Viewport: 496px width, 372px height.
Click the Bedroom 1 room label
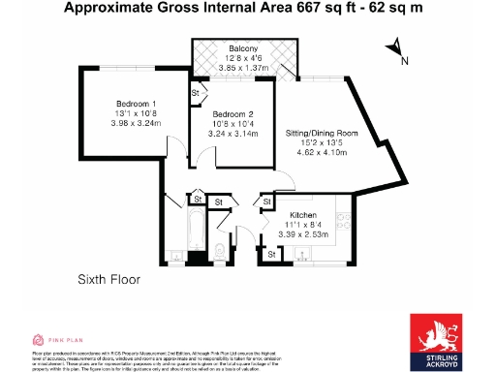pyautogui.click(x=134, y=104)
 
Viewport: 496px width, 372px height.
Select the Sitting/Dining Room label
pyautogui.click(x=321, y=132)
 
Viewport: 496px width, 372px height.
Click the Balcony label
pyautogui.click(x=244, y=48)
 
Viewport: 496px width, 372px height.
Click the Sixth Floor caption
pyautogui.click(x=109, y=280)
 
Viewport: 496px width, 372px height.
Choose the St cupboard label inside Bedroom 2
pyautogui.click(x=196, y=93)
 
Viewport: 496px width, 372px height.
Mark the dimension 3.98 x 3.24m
pyautogui.click(x=134, y=123)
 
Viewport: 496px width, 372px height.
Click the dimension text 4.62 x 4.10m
pyautogui.click(x=321, y=151)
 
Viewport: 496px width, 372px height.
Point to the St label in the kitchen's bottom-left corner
pyautogui.click(x=273, y=254)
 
